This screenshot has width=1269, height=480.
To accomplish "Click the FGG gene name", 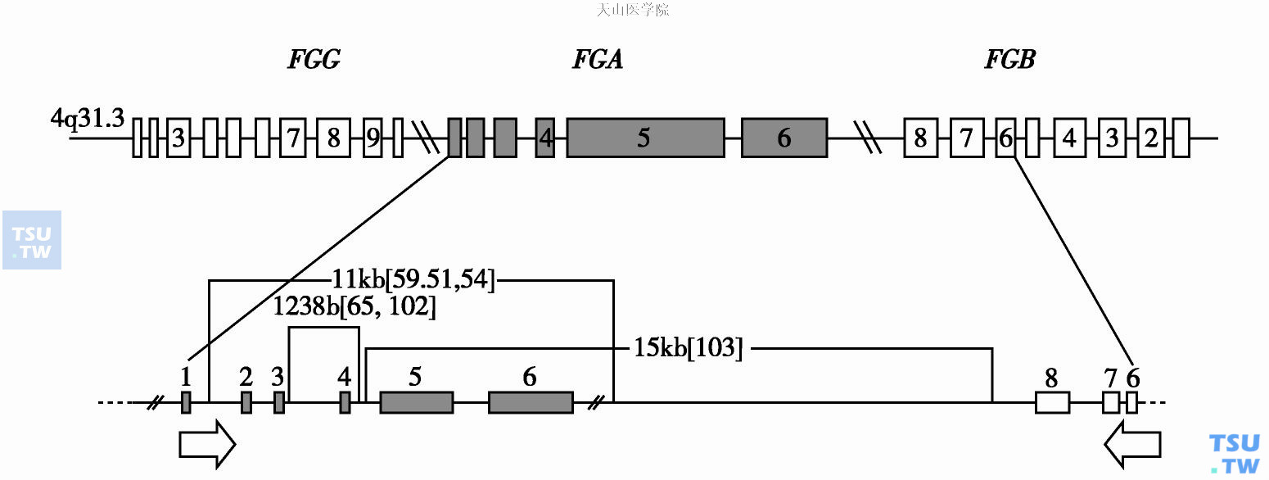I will click(314, 60).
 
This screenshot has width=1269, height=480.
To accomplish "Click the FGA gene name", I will click(597, 60).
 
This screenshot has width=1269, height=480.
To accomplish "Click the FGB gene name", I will click(1009, 60).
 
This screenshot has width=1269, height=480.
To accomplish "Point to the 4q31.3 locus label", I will click(87, 120).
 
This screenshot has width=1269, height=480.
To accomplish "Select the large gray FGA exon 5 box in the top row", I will click(645, 138).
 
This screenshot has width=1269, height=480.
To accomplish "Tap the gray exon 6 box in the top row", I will click(784, 138).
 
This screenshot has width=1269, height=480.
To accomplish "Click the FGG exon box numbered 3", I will click(178, 138).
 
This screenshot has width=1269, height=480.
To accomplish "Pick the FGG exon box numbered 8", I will click(333, 138).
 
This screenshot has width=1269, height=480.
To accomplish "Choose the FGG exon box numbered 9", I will click(373, 138).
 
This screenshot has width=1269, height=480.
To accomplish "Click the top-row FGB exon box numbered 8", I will click(921, 138).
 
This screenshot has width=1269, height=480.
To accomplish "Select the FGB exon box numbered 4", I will click(1068, 138).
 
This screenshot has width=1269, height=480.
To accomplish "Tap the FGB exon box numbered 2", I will click(1151, 138).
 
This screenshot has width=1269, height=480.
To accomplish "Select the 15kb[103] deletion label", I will click(689, 348).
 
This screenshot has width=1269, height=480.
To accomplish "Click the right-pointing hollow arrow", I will click(207, 445).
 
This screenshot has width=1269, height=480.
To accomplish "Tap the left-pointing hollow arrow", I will click(1132, 445).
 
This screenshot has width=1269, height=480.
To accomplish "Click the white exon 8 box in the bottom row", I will click(1052, 402).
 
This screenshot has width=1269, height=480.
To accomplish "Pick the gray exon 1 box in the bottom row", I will click(186, 402).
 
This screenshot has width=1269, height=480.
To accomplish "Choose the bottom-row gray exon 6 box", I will click(531, 402).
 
